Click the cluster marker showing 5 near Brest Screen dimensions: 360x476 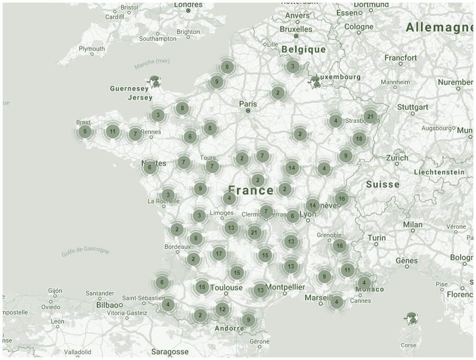pos(85,132)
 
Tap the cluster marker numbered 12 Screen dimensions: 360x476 pos(222,309)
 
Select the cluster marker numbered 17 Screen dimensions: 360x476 pos(219,254)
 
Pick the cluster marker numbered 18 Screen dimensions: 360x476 pos(359,139)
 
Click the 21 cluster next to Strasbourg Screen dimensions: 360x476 pos(370,116)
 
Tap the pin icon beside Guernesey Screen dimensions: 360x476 pos(155,82)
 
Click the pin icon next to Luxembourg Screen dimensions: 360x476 pos(316,82)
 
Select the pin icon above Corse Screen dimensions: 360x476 pos(411,318)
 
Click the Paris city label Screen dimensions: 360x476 pos(248,104)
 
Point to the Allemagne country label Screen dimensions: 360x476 pos(439,28)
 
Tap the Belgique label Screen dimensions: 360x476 pos(304,49)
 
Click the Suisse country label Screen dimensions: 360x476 pos(382,184)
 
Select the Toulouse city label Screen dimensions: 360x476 pos(226,288)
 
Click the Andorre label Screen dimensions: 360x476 pos(230,328)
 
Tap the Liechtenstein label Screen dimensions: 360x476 pos(439,172)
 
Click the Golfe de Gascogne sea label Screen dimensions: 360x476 pos(85,251)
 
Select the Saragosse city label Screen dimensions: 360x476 pos(170,352)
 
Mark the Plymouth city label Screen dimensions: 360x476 pos(91,49)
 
